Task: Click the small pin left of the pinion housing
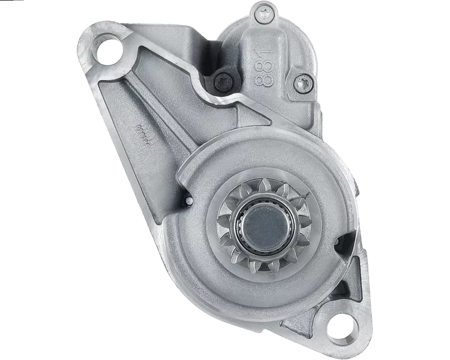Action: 188,200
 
